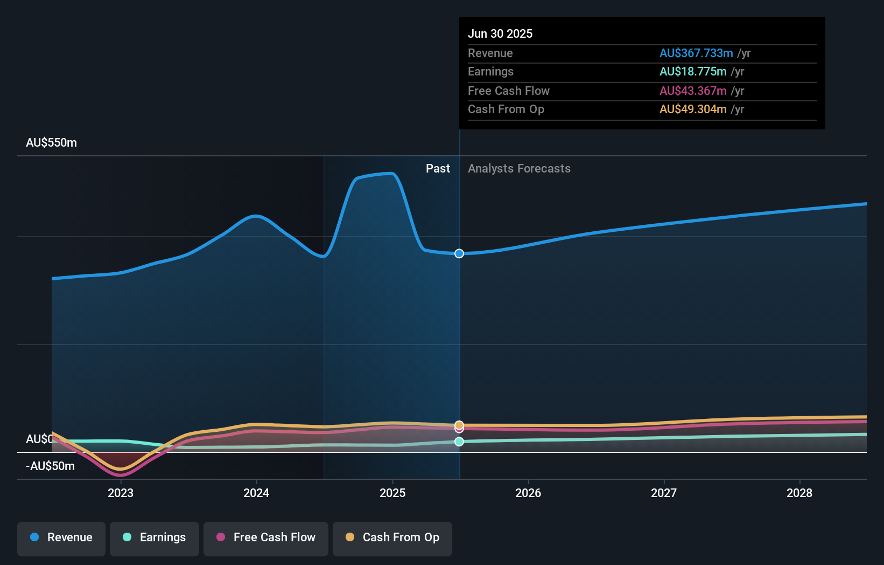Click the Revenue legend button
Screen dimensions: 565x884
(61, 538)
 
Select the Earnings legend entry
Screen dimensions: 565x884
(154, 538)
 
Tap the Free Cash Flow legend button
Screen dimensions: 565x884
(265, 538)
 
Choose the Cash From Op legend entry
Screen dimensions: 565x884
(392, 538)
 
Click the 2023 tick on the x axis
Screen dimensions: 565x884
(121, 493)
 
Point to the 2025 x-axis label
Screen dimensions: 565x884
(392, 493)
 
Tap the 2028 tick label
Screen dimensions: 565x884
(799, 493)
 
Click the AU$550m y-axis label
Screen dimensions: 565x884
(51, 143)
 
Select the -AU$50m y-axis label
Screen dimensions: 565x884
(50, 466)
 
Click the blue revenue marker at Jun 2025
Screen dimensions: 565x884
(459, 253)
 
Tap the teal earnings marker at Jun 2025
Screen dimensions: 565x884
(459, 442)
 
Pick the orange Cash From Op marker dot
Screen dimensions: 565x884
(459, 425)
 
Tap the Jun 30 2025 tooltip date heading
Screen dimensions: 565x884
(500, 34)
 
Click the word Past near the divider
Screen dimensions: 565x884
(438, 169)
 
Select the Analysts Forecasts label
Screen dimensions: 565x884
(519, 169)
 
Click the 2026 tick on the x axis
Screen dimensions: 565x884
(528, 493)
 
